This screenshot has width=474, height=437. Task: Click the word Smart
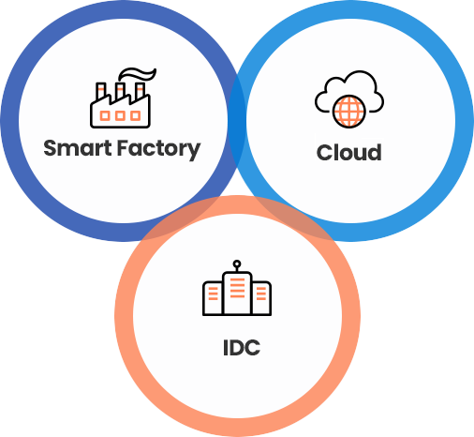pyautogui.click(x=78, y=148)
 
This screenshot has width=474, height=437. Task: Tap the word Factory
pyautogui.click(x=158, y=149)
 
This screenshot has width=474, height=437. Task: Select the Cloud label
pyautogui.click(x=348, y=153)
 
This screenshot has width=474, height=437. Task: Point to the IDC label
pyautogui.click(x=242, y=348)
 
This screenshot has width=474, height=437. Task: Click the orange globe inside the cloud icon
pyautogui.click(x=348, y=112)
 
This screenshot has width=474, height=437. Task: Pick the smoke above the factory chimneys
pyautogui.click(x=137, y=74)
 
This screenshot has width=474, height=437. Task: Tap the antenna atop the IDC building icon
pyautogui.click(x=237, y=265)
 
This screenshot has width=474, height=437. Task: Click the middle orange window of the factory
pyautogui.click(x=120, y=115)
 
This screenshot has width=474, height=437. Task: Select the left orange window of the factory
pyautogui.click(x=105, y=115)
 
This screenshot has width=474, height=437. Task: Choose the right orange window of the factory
pyautogui.click(x=135, y=115)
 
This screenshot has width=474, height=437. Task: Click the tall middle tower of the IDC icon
pyautogui.click(x=237, y=294)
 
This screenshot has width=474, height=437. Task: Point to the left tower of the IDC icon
pyautogui.click(x=213, y=298)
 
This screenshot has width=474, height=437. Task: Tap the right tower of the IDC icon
pyautogui.click(x=261, y=298)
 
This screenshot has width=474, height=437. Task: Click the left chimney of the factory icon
pyautogui.click(x=101, y=91)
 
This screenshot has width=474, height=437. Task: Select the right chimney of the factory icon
pyautogui.click(x=141, y=91)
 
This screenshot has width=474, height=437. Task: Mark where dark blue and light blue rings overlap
pyautogui.click(x=237, y=120)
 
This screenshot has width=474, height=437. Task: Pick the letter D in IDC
pyautogui.click(x=236, y=348)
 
